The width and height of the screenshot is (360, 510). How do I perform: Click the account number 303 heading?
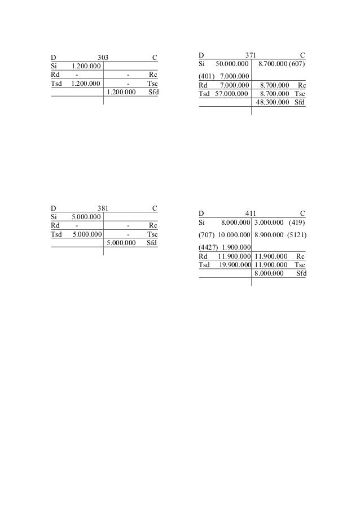[x=103, y=57]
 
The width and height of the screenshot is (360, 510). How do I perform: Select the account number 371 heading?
[x=251, y=55]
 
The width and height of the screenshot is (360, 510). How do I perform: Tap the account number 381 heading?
[x=103, y=208]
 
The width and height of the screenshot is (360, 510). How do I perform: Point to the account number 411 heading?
[x=251, y=213]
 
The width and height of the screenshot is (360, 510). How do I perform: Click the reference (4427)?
[x=208, y=247]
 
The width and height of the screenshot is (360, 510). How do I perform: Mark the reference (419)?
[x=296, y=223]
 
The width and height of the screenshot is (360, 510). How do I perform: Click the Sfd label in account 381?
[x=151, y=243]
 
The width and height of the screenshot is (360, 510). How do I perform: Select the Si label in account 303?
[x=55, y=66]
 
